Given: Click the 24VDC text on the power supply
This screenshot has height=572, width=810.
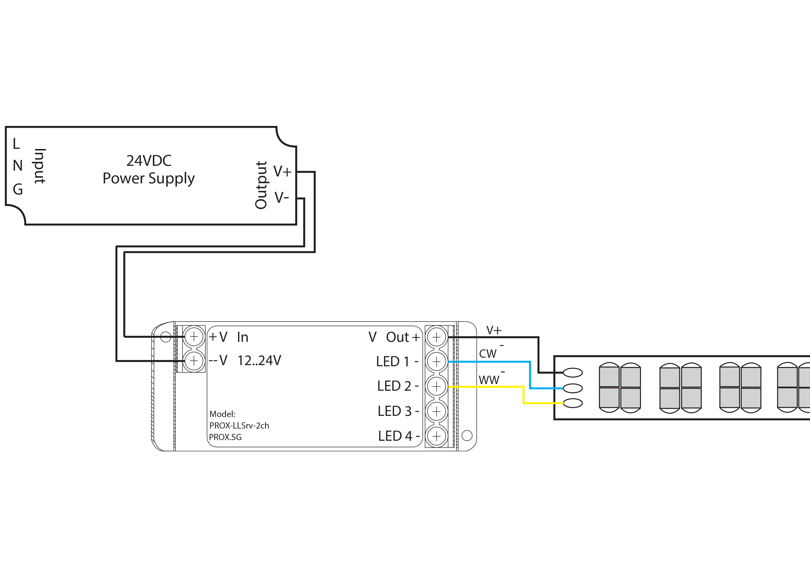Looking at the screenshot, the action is coord(149,161).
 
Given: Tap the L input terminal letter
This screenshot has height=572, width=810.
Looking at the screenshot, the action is coord(16,143).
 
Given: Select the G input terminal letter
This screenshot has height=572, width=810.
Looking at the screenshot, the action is coord(18,189).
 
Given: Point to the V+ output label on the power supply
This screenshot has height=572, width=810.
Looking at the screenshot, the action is coord(282,171).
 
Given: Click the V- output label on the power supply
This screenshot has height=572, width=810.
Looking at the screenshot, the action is coord(281,197).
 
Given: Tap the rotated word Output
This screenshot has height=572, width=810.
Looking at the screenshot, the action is coord(261,185).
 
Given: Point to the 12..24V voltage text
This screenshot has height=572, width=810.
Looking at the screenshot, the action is coord(259,360).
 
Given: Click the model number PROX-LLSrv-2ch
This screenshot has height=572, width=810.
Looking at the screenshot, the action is coord(239,426).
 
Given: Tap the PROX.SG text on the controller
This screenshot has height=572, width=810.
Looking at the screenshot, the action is coord(225,437).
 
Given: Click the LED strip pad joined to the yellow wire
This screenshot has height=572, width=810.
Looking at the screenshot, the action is coord(573,403).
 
